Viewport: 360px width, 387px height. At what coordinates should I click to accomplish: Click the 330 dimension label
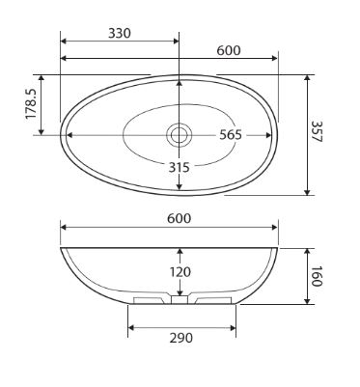pyautogui.click(x=120, y=33)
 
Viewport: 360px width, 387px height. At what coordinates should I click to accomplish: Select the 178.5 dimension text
pyautogui.click(x=32, y=104)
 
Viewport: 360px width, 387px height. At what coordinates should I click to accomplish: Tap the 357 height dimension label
pyautogui.click(x=317, y=131)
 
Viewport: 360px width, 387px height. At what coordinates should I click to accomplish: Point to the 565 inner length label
pyautogui.click(x=231, y=135)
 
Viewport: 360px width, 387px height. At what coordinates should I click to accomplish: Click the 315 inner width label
pyautogui.click(x=180, y=167)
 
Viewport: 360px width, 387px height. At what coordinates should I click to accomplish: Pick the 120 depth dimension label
pyautogui.click(x=180, y=272)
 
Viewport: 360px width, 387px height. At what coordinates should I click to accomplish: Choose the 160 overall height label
pyautogui.click(x=317, y=276)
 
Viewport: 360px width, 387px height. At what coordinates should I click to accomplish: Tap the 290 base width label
pyautogui.click(x=181, y=338)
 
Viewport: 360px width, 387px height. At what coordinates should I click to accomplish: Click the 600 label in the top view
pyautogui.click(x=229, y=50)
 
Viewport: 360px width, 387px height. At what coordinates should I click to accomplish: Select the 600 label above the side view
pyautogui.click(x=180, y=218)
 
